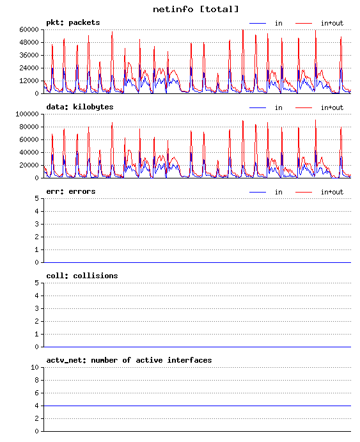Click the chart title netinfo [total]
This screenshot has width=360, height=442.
tap(196, 10)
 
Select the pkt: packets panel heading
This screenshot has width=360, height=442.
tap(73, 22)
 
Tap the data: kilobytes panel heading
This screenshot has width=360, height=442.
tap(80, 107)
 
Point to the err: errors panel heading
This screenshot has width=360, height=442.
tap(71, 191)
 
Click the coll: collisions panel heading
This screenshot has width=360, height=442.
tap(82, 276)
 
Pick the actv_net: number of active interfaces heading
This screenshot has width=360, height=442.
tap(129, 360)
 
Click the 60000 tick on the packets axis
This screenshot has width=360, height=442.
tap(29, 29)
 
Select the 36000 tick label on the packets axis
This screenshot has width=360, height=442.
tap(29, 55)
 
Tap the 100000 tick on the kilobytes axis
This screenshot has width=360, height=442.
tap(27, 114)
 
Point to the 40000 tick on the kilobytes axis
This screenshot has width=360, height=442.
tap(29, 152)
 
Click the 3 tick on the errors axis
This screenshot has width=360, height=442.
tap(36, 224)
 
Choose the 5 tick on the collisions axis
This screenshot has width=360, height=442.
tap(36, 283)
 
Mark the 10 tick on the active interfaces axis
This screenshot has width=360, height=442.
tap(35, 367)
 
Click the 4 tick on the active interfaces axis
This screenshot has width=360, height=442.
tap(36, 406)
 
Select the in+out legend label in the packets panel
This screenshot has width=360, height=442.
tap(332, 23)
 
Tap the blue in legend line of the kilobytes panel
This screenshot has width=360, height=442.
tap(258, 107)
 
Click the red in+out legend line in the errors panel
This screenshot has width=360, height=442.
tap(304, 193)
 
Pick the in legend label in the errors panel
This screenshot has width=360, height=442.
tap(279, 192)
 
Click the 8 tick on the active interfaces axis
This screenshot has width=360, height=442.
tap(36, 380)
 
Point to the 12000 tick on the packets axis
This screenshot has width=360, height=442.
tap(29, 81)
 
